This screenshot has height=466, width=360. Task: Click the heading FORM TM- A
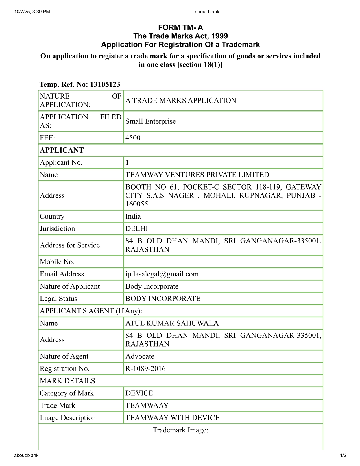[x=180, y=27]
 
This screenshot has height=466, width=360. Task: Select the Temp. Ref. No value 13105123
[x=105, y=84]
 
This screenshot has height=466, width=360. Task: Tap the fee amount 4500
[x=133, y=138]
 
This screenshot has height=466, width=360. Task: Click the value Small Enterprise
[x=150, y=121]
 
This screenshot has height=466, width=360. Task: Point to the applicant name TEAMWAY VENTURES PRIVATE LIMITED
[x=197, y=175]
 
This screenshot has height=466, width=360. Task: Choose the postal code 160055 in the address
[x=137, y=204]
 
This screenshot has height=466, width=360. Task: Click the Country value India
[x=133, y=216]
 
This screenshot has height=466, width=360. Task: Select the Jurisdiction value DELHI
[x=137, y=228]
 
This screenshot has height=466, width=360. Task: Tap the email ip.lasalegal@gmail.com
[x=162, y=274]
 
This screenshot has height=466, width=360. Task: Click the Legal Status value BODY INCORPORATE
[x=163, y=299]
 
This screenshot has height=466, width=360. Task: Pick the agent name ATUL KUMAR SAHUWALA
[x=172, y=323]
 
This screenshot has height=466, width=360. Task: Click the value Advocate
[x=140, y=356]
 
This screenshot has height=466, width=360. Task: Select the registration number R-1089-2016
[x=145, y=369]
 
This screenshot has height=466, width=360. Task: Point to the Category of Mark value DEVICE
[x=139, y=393]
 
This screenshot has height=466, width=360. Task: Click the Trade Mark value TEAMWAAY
[x=147, y=405]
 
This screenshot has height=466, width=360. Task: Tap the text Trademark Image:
[x=180, y=430]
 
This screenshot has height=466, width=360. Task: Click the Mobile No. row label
[x=57, y=262]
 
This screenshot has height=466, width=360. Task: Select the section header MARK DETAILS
[x=67, y=381]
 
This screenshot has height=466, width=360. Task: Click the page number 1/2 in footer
[x=343, y=455]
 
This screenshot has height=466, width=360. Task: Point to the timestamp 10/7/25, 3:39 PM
[x=32, y=12]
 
